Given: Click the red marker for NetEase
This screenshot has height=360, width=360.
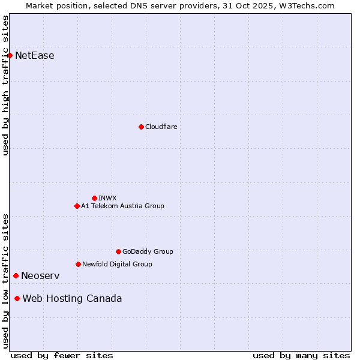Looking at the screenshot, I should point(10,56).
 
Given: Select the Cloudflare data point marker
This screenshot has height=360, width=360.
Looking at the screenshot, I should point(141,127).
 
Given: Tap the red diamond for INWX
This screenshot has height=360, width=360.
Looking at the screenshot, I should point(94,198).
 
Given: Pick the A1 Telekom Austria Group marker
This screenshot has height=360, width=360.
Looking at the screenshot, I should point(77,206).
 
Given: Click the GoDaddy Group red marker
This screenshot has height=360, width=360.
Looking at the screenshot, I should point(118,251).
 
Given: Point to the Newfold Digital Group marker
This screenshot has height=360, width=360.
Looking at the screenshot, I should point(78,264).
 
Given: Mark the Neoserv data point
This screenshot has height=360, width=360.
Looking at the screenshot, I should point(16,275).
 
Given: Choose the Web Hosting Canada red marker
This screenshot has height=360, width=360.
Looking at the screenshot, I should point(17,298).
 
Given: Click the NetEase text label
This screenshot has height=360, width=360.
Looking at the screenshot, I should point(35,56).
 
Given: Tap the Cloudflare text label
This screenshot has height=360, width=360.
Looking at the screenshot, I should point(161,127).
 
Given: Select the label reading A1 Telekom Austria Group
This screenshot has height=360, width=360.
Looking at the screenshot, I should point(122,206).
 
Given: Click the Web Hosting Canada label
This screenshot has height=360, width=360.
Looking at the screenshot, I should point(72,298).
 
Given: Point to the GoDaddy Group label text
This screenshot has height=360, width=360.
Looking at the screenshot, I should point(148,251).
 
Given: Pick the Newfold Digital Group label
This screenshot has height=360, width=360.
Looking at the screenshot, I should point(117,264).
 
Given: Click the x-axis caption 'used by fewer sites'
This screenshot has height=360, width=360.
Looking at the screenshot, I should point(62,355).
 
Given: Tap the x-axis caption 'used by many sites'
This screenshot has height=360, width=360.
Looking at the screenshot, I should point(301,355).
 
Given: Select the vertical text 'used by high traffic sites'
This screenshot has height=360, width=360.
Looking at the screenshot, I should point(5,85).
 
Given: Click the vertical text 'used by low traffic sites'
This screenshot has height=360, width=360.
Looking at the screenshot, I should point(5,280).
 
